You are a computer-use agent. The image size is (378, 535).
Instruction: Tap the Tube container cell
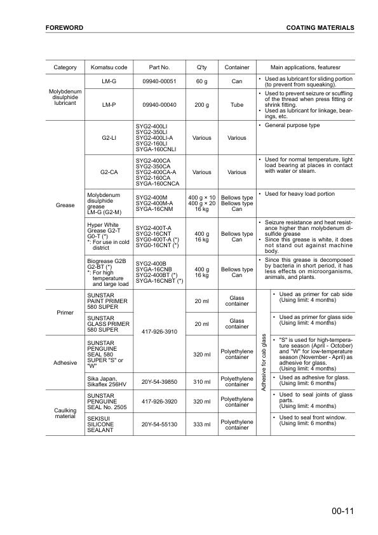click(x=237, y=104)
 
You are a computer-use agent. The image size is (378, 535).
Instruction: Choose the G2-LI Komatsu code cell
click(x=109, y=137)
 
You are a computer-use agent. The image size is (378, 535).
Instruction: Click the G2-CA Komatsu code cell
click(x=109, y=172)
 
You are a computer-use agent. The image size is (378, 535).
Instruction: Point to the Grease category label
click(x=65, y=205)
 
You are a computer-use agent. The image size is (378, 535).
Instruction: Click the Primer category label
click(x=65, y=313)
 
